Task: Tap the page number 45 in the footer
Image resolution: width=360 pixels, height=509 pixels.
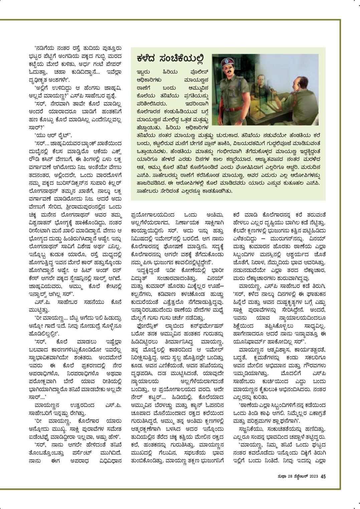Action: click(323, 476)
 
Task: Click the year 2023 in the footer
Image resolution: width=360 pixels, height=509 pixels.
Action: click(313, 476)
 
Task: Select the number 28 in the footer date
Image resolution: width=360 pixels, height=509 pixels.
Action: click(289, 476)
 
